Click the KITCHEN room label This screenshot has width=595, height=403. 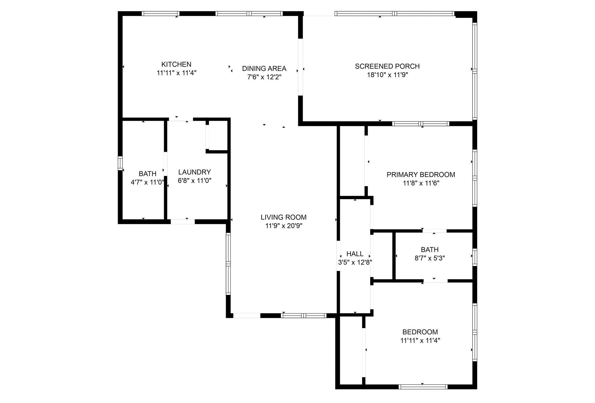click(x=176, y=64)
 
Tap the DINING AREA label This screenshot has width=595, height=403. click(x=264, y=69)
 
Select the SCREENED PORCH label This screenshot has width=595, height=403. click(x=387, y=66)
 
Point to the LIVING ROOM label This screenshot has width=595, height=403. click(x=283, y=217)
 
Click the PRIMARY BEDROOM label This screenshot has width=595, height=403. click(x=421, y=174)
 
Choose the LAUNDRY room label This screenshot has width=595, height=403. click(x=194, y=172)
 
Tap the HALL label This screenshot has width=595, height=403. click(x=355, y=254)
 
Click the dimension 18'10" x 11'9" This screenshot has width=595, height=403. click(x=387, y=75)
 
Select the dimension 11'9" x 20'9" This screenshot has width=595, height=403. click(x=284, y=226)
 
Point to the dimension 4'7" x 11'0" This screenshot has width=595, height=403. click(x=148, y=182)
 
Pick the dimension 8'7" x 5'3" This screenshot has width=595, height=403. click(x=430, y=258)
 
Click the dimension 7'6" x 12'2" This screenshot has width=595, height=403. click(x=264, y=77)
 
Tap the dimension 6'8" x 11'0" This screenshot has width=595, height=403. click(x=194, y=181)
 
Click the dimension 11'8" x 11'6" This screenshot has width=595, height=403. click(x=421, y=183)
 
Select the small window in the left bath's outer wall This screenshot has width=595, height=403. click(x=120, y=163)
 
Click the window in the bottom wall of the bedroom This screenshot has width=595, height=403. click(x=423, y=386)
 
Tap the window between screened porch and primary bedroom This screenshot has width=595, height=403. click(x=420, y=124)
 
